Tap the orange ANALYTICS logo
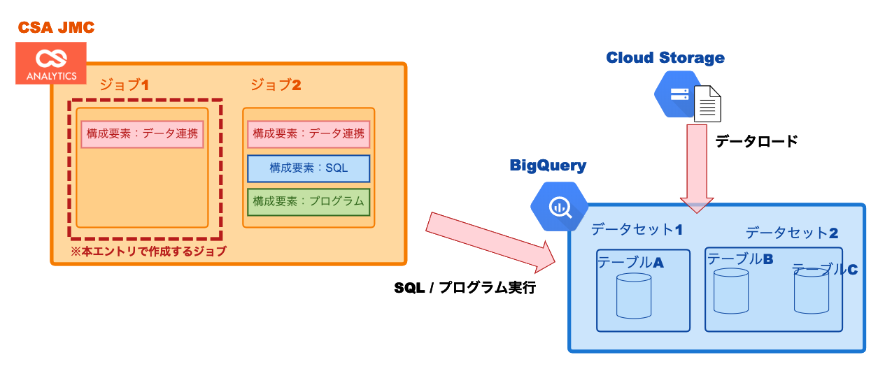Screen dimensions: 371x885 click(x=51, y=63)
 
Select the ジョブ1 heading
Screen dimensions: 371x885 click(x=125, y=85)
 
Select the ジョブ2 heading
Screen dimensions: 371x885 click(x=276, y=85)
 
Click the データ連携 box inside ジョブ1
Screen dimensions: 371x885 click(x=142, y=134)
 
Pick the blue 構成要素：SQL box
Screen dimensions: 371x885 click(x=309, y=168)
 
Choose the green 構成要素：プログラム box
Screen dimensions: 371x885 click(x=309, y=201)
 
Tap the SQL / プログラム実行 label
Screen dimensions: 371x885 click(x=465, y=288)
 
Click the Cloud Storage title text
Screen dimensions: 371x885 click(x=665, y=57)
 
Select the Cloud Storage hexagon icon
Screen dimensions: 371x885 click(x=677, y=94)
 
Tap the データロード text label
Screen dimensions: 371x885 click(x=756, y=141)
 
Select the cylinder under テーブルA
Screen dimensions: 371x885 click(x=634, y=296)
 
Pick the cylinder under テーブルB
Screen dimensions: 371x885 click(x=731, y=291)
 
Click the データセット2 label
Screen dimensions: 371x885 click(x=791, y=233)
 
